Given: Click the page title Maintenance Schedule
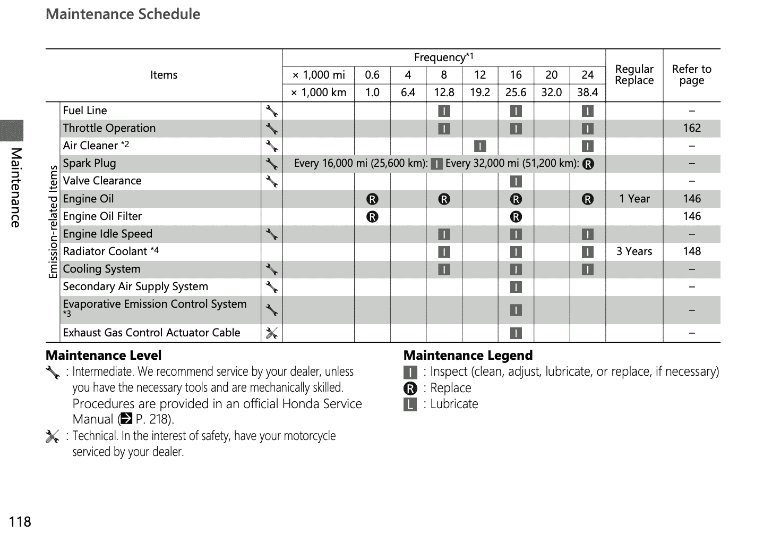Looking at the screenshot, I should tap(123, 14).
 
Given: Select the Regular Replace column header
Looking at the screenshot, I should tap(634, 75).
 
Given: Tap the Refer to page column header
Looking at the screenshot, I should tap(691, 75).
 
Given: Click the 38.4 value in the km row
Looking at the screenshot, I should tap(587, 92).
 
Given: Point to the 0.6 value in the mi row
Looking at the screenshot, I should tap(372, 75).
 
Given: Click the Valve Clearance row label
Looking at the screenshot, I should tap(102, 181).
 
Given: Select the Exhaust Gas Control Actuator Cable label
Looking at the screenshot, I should tap(151, 333).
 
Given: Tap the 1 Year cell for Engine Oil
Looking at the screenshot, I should tap(634, 199).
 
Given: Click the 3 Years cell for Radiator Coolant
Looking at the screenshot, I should tap(634, 251).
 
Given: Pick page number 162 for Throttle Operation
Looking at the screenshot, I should tap(692, 128).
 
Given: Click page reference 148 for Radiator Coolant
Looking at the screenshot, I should tap(692, 251).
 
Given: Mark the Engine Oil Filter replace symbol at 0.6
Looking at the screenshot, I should tap(372, 217).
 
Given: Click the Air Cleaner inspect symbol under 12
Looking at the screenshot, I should tap(479, 146).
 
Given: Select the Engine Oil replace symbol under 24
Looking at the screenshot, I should tap(587, 199).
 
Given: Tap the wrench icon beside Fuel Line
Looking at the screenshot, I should tap(271, 111).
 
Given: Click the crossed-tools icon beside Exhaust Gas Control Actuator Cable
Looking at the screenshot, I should tap(271, 333).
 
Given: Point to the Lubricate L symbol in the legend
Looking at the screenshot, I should tap(410, 405).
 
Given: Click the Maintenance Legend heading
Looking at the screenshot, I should tap(468, 356).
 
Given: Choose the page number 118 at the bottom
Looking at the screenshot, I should tap(20, 522).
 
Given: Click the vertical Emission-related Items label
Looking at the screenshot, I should tap(53, 222).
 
